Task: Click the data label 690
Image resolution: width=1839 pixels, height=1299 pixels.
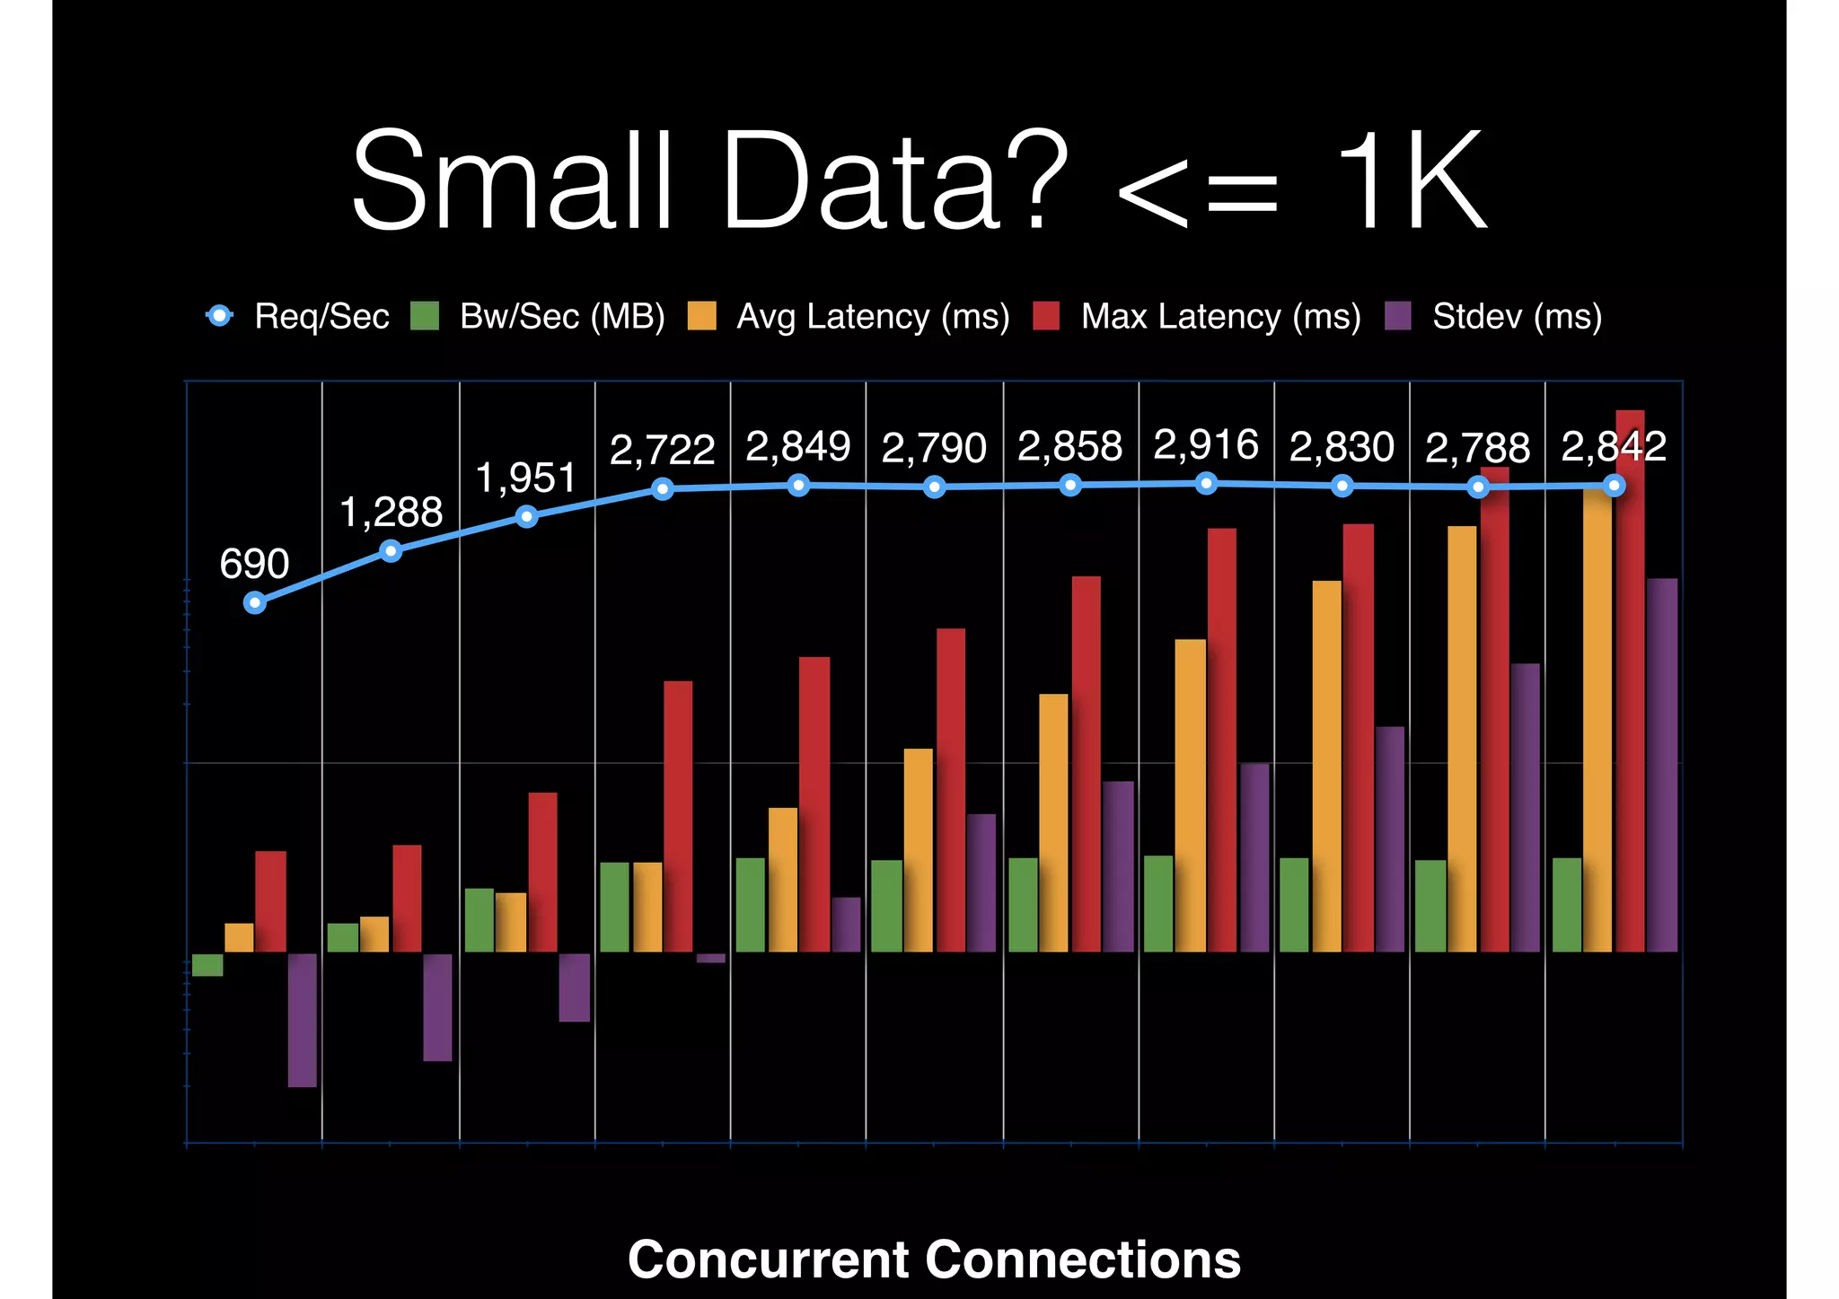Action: pos(254,564)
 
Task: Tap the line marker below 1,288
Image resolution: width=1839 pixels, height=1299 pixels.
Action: pos(391,551)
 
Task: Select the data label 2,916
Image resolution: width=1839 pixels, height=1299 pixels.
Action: pos(1205,445)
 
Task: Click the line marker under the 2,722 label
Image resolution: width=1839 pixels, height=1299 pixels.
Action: pos(663,489)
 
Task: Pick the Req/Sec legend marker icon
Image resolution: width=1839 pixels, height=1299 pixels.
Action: pos(219,316)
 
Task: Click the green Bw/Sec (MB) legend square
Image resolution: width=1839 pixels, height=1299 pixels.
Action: pos(425,316)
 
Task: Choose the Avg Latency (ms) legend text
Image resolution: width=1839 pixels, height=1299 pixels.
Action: pos(873,317)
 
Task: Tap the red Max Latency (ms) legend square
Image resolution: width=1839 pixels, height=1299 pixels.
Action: pos(1046,316)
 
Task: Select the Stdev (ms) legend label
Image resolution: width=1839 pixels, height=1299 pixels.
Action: pos(1517,317)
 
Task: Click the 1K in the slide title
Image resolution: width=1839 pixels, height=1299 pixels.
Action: pos(1410,180)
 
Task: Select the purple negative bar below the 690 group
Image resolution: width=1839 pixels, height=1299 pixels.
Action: pos(303,1020)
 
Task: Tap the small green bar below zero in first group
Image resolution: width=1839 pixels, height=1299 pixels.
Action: pos(207,965)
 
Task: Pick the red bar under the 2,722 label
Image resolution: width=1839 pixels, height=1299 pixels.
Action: pos(678,817)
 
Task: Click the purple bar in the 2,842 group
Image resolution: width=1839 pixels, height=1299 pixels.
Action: pos(1662,763)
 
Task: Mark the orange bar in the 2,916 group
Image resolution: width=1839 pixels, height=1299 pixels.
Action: pos(1191,794)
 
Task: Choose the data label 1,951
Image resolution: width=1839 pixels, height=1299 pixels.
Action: pos(525,478)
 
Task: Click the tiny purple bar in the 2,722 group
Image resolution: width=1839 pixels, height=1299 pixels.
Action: pos(710,958)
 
